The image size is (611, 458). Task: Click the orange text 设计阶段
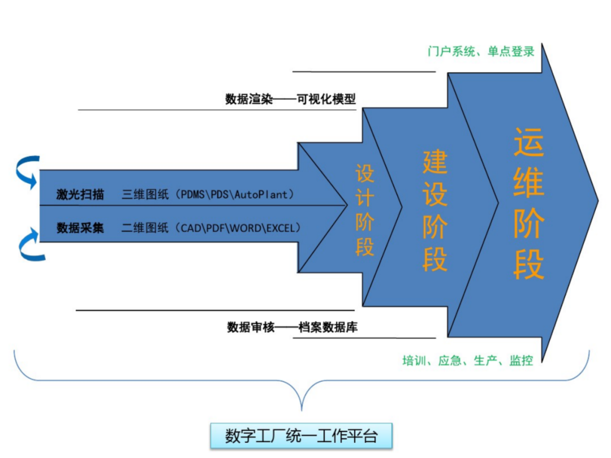click(x=365, y=210)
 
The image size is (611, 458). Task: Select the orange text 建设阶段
click(x=435, y=210)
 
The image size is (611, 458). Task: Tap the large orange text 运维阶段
click(x=528, y=204)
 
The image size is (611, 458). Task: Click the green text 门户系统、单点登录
click(x=481, y=51)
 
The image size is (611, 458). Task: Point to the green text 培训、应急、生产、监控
click(x=467, y=360)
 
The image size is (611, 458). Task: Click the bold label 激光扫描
click(x=80, y=195)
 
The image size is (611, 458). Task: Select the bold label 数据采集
click(x=80, y=228)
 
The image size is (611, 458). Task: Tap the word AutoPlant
click(x=264, y=195)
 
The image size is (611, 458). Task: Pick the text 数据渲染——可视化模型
click(x=291, y=99)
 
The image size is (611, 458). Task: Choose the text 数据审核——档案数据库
click(x=292, y=327)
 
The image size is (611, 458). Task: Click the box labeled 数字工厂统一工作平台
click(x=301, y=436)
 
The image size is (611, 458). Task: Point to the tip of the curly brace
click(x=302, y=409)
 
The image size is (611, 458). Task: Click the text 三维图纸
click(x=145, y=195)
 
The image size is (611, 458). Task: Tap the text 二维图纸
click(x=145, y=228)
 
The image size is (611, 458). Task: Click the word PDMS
click(x=193, y=195)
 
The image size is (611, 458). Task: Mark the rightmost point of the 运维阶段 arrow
click(x=597, y=201)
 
